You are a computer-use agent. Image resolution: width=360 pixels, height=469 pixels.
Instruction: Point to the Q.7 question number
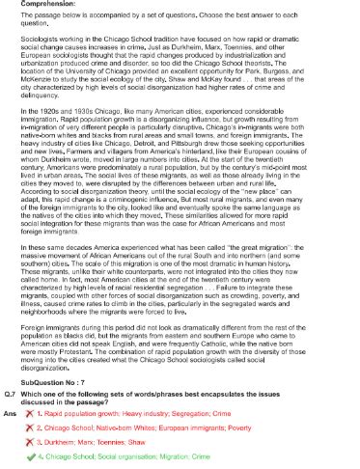point(12,393)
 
